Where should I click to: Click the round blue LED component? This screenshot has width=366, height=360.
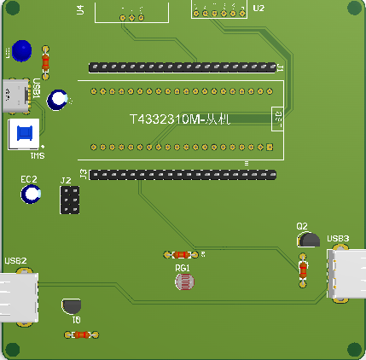23,50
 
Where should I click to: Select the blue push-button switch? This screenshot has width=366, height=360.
24,132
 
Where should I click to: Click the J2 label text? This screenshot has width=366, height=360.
66,181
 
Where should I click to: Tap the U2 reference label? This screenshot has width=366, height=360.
259,8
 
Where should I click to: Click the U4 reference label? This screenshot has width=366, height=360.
80,10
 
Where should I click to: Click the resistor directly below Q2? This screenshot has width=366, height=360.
303,270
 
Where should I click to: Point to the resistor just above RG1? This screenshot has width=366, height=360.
180,254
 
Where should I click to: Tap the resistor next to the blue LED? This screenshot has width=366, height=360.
45,61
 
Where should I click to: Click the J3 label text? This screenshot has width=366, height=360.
83,174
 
